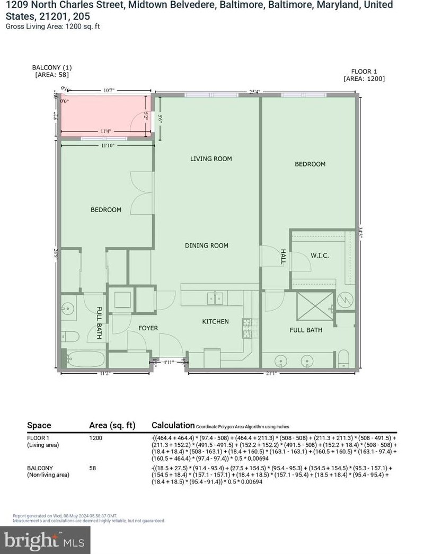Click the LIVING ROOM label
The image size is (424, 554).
[x=211, y=159]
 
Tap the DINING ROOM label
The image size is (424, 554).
[x=206, y=245]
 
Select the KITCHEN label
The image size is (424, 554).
[x=215, y=322]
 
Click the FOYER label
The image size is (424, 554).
[x=148, y=328]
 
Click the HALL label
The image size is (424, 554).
[x=284, y=258]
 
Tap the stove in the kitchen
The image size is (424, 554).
[x=247, y=328]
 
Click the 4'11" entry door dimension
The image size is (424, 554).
[x=169, y=363]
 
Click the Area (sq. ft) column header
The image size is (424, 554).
[x=112, y=425]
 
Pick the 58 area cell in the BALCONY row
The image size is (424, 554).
[x=92, y=468]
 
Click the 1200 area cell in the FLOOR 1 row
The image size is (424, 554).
[x=95, y=438]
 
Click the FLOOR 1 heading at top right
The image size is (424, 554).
[x=364, y=71]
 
